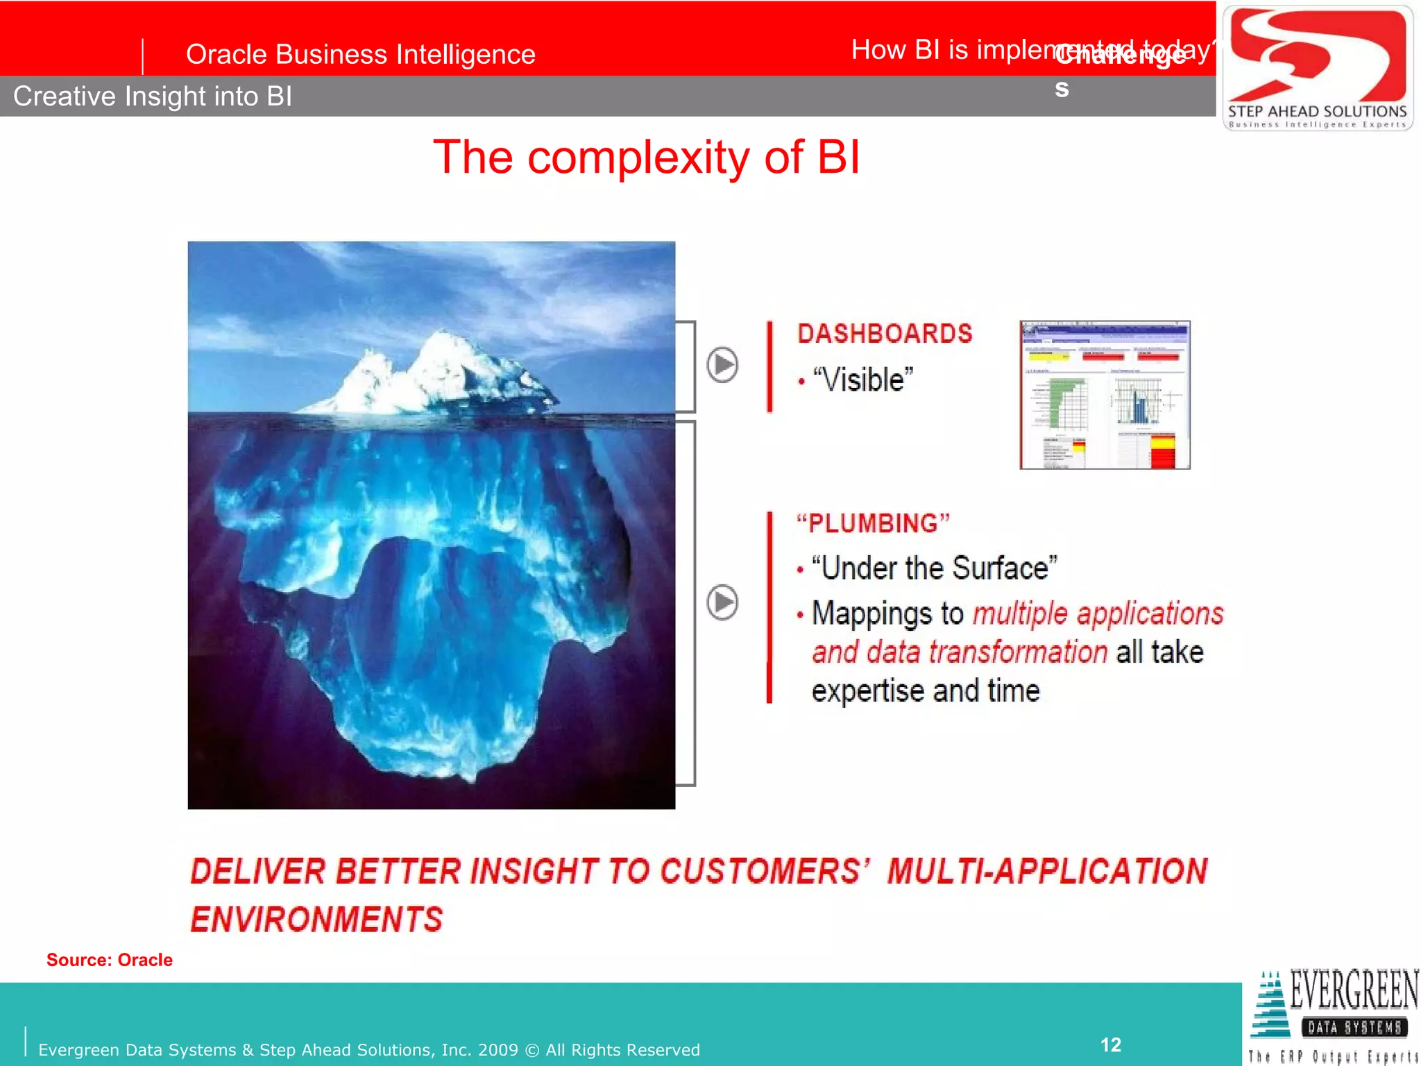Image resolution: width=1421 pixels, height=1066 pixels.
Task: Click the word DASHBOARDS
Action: pos(885,334)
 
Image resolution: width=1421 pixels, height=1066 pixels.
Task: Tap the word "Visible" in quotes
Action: pos(863,380)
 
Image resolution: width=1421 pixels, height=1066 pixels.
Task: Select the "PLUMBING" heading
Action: pos(873,523)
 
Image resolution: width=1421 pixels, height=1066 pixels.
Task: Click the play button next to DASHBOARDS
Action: pos(722,364)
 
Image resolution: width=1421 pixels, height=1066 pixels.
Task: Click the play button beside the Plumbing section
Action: pos(722,602)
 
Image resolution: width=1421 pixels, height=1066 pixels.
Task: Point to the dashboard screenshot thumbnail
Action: pos(1105,395)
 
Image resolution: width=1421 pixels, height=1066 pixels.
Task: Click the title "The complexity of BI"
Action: pos(646,157)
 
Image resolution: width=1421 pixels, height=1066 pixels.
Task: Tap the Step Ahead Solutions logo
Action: pos(1317,68)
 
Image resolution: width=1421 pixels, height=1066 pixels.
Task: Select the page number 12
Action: pos(1110,1044)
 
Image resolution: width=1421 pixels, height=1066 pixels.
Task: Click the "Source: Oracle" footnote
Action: pos(110,960)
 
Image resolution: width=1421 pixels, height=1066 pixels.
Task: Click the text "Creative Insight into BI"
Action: pos(153,96)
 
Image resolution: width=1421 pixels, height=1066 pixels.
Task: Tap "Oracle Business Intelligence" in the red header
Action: pos(360,54)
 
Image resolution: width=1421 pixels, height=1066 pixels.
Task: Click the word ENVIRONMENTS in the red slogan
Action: pos(316,920)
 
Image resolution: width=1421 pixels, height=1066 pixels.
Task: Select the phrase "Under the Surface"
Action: pos(934,568)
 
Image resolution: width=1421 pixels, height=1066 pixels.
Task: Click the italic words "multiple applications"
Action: pos(1098,614)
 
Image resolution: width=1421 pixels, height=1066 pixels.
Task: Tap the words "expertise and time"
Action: pos(926,691)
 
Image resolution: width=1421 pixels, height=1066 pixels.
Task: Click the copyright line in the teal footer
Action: pos(368,1049)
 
